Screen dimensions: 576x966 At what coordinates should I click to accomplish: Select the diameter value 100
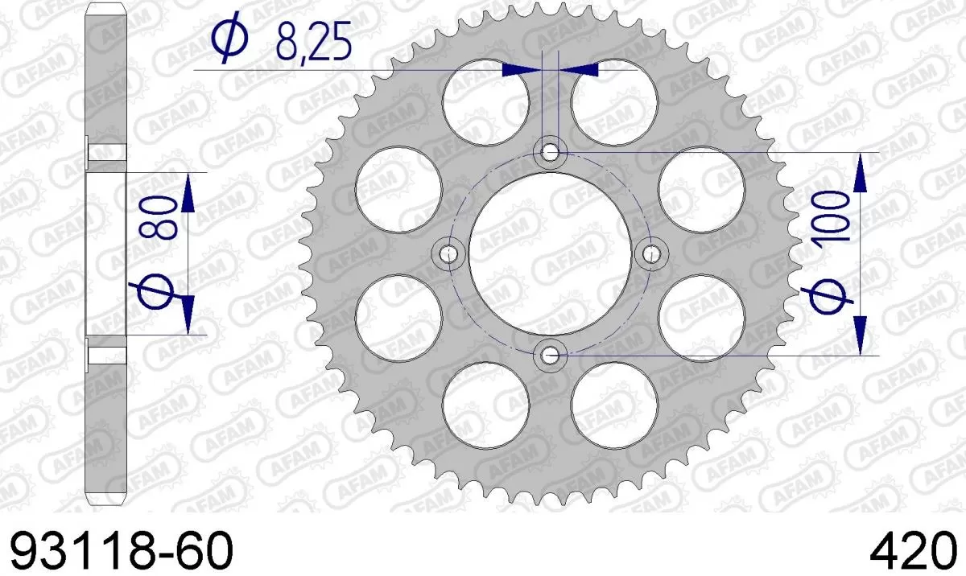[832, 217]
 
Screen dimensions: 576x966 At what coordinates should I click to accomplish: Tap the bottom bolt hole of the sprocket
[551, 353]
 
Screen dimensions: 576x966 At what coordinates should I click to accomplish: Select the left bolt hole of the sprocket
[448, 254]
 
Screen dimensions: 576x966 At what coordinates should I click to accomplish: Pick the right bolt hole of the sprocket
[649, 254]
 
